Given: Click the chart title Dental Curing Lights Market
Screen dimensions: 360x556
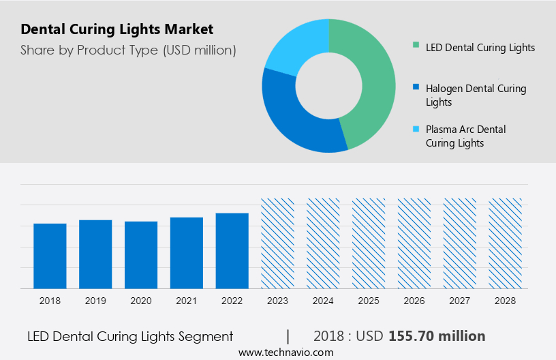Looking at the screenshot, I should tap(117, 29).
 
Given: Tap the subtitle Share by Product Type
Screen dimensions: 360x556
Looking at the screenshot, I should tap(128, 50).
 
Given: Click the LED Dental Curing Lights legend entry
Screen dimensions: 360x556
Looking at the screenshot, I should tap(480, 48).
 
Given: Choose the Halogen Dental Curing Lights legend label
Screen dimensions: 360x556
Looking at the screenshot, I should tap(476, 95).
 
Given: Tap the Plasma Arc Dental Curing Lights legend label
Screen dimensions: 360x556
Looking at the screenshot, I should tap(465, 136).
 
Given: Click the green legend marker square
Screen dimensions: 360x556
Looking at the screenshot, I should tap(416, 46).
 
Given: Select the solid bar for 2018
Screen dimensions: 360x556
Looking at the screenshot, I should tap(50, 256).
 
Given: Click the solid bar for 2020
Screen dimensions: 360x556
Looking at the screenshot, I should tap(141, 255).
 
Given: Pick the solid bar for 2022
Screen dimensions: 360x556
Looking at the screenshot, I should tap(232, 251).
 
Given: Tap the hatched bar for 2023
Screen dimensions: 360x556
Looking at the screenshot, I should tap(277, 243).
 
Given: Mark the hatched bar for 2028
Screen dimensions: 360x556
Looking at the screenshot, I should tap(506, 243).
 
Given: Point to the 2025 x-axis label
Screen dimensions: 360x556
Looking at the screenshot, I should tap(369, 300).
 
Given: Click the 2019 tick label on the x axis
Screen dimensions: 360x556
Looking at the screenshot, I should tap(95, 300).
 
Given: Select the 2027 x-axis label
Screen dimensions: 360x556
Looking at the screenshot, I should tap(460, 300).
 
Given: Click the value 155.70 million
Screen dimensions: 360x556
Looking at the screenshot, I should tap(437, 336).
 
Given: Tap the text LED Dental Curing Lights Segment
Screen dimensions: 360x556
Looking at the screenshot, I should tap(130, 336).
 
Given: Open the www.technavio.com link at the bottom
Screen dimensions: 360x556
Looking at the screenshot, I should tap(285, 352).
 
